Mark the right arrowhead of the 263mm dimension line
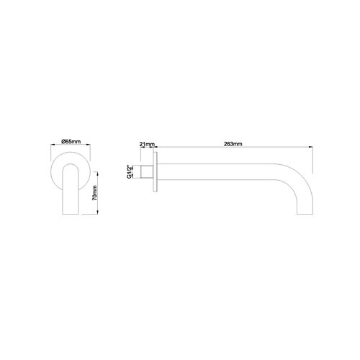pos(312,148)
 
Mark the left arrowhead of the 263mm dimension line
pos(158,148)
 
